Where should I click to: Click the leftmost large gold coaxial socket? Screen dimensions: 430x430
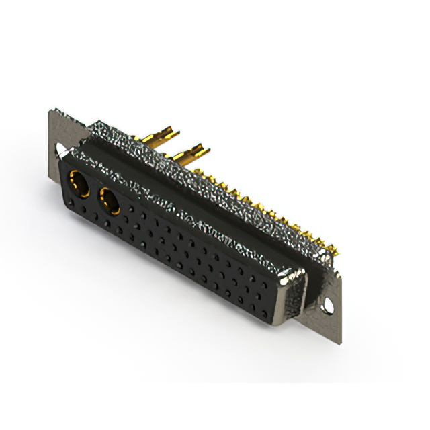(79, 183)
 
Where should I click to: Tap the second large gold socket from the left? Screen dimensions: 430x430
(109, 200)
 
